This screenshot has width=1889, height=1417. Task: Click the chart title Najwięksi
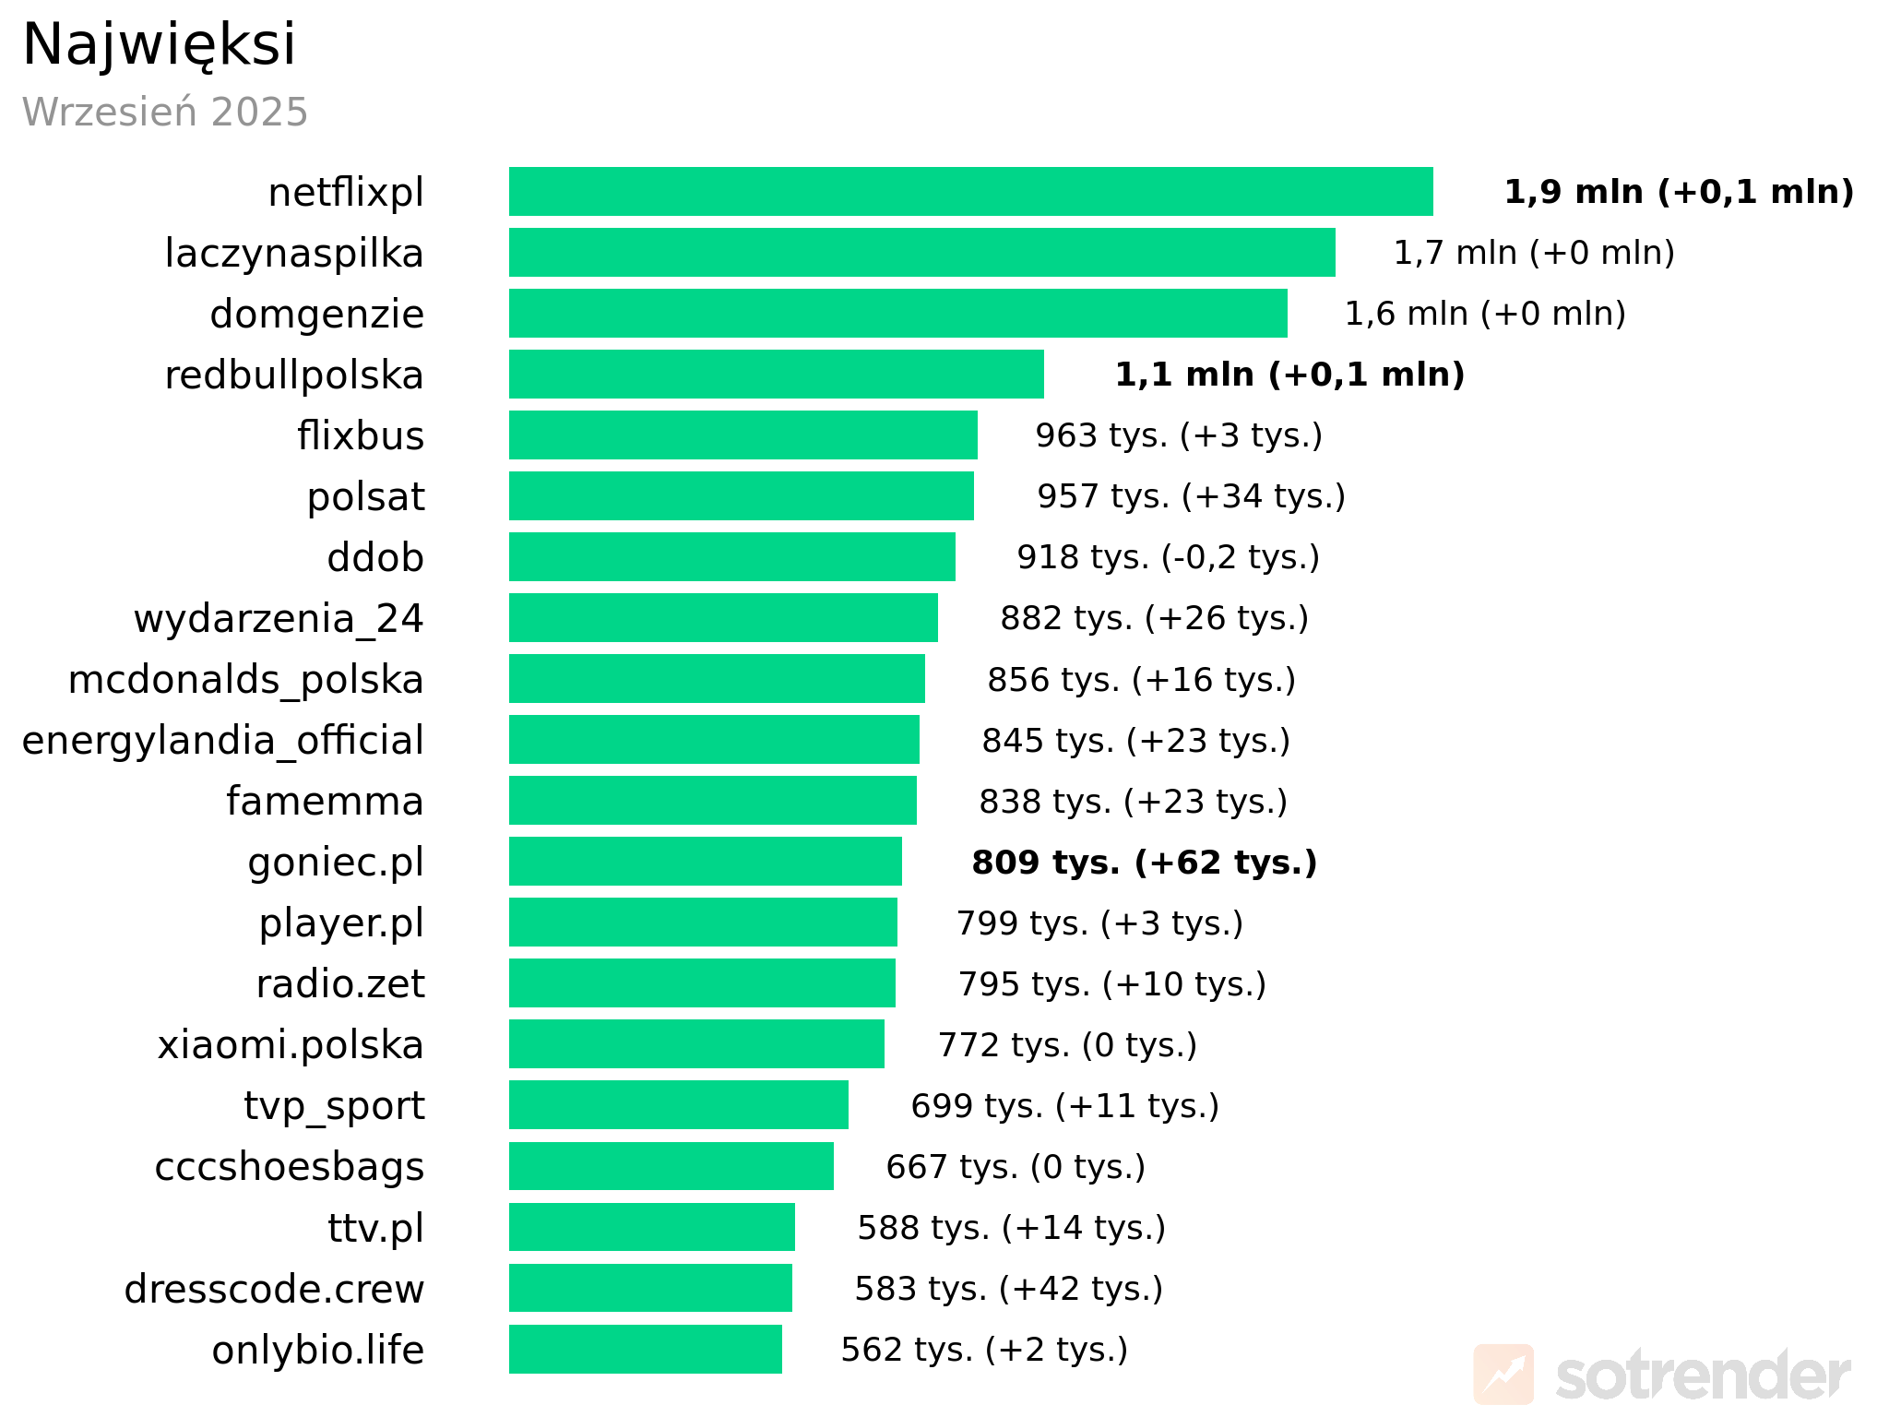click(159, 44)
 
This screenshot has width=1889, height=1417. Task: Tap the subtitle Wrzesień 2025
click(164, 113)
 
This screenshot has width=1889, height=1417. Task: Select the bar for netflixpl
click(970, 192)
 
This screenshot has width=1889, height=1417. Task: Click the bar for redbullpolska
click(776, 375)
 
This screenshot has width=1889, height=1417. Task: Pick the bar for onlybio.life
click(645, 1349)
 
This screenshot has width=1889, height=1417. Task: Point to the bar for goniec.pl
click(705, 862)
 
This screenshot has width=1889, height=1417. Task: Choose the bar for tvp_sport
click(678, 1105)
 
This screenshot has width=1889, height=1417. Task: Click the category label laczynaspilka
click(294, 254)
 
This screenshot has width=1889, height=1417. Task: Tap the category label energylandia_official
click(223, 741)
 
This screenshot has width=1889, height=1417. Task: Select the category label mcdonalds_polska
click(245, 680)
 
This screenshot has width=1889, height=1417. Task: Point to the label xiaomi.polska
click(291, 1045)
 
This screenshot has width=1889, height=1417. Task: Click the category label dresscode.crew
click(274, 1289)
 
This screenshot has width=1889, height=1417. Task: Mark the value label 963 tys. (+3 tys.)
click(1179, 435)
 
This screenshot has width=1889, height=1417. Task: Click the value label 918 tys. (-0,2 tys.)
click(1168, 557)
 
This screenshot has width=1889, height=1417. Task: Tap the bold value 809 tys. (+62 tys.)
click(1144, 863)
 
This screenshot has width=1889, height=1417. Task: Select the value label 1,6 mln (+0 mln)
click(1485, 314)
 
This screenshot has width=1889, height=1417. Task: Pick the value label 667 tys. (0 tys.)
click(1016, 1167)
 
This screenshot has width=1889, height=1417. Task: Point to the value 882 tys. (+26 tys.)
click(1154, 618)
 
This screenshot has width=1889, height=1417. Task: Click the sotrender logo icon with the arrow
click(1503, 1374)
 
